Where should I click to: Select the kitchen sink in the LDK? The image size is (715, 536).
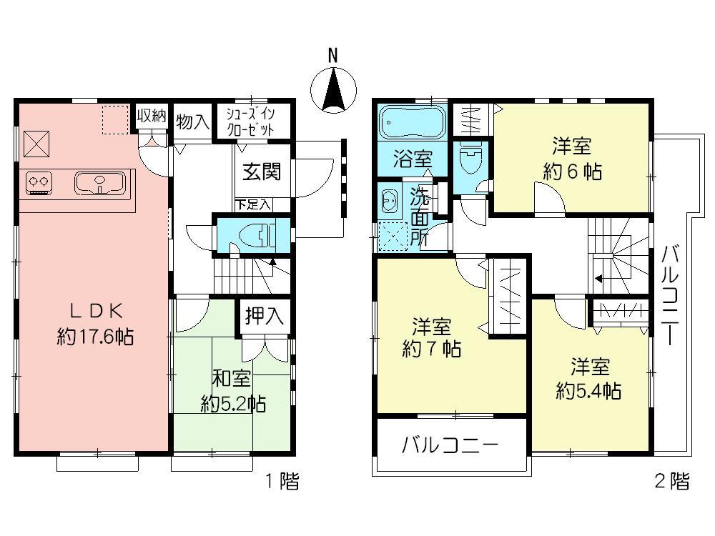[100, 183]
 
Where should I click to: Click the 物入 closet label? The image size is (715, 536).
[192, 122]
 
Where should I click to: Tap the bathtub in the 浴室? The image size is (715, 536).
[412, 121]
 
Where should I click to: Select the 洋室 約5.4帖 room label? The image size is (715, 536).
[589, 379]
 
